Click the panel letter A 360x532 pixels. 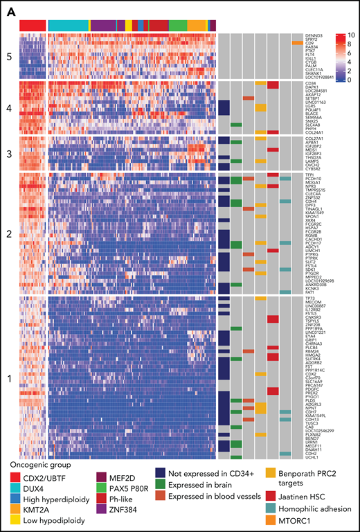8,8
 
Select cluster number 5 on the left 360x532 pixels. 10,51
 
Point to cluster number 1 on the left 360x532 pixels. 10,360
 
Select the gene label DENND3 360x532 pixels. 313,34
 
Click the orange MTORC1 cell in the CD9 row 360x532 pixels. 296,43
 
